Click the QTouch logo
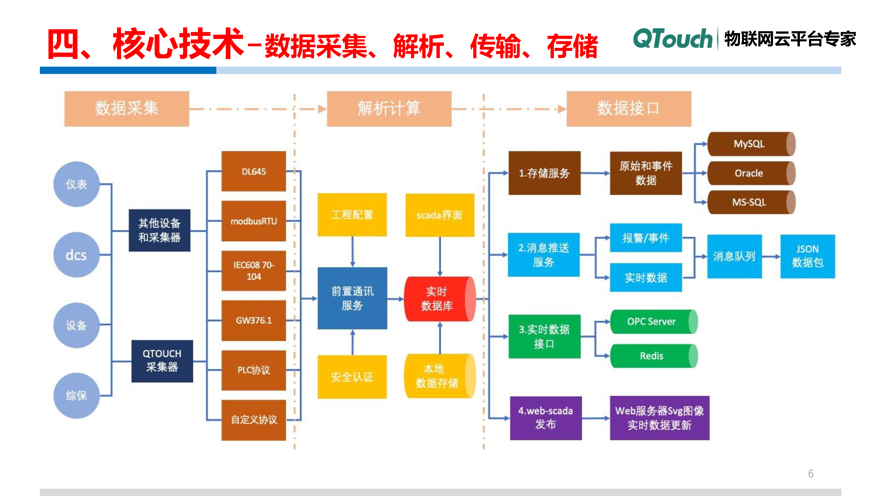(x=672, y=38)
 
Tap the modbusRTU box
(x=254, y=221)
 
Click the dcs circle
(x=76, y=255)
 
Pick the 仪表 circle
(x=76, y=184)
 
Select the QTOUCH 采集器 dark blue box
(x=162, y=361)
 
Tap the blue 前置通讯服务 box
(x=352, y=298)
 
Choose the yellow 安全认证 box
(x=352, y=377)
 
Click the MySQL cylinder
(x=749, y=144)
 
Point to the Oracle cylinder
(x=749, y=173)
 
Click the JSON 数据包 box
(x=807, y=256)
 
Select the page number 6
(x=811, y=474)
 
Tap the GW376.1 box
(x=254, y=320)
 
